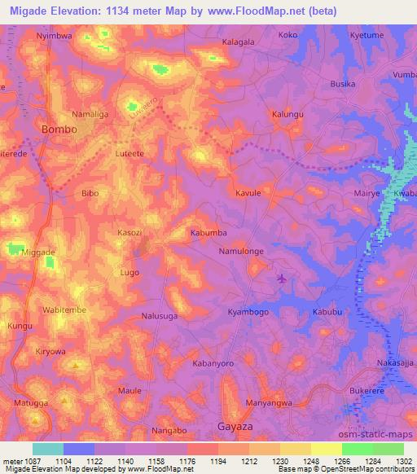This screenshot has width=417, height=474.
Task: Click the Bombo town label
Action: click(59, 129)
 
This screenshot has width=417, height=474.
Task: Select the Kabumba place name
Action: click(208, 233)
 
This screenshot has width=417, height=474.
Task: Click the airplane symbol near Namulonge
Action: click(282, 279)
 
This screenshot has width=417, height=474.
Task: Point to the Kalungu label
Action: click(288, 114)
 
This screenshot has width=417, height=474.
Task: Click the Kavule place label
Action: click(248, 193)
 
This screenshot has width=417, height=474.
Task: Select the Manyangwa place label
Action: click(270, 402)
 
